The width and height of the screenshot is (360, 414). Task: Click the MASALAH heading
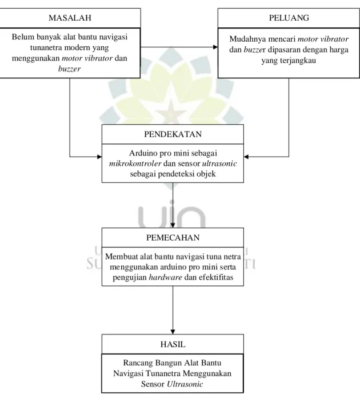70,18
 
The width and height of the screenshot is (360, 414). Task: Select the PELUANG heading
289,18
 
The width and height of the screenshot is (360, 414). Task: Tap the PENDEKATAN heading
173,134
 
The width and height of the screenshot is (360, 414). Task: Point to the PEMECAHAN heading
173,238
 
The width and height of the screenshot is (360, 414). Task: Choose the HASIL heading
173,344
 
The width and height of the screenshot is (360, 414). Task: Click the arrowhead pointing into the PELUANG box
215,47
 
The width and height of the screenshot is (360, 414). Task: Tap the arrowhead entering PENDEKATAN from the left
99,157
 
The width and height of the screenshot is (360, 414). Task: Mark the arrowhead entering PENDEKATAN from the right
246,157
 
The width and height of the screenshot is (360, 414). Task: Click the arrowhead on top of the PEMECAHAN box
173,225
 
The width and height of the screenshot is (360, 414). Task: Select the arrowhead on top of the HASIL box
173,332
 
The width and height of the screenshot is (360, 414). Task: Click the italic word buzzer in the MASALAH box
69,69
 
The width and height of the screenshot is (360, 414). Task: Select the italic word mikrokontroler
135,164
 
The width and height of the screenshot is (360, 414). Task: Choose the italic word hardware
166,277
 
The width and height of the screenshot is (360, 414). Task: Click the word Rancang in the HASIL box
138,363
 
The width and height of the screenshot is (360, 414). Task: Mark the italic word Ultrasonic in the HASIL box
185,384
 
